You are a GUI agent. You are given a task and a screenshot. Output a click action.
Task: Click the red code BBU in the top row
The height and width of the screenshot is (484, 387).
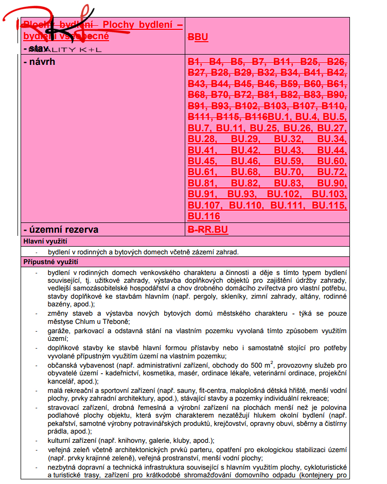(198, 37)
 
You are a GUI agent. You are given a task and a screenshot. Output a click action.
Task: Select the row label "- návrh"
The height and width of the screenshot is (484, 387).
(39, 62)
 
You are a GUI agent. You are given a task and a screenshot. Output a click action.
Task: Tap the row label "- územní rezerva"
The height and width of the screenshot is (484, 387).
(61, 230)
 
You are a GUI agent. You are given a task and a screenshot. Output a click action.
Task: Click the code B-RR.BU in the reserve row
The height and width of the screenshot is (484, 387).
(208, 230)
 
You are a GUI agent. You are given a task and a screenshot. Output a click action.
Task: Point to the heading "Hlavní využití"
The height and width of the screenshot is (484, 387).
(45, 241)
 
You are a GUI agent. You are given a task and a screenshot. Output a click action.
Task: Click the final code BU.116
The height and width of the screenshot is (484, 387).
(204, 216)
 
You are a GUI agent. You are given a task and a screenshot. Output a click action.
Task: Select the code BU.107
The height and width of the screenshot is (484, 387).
(204, 205)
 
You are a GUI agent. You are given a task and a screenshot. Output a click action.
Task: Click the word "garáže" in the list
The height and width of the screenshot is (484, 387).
(58, 331)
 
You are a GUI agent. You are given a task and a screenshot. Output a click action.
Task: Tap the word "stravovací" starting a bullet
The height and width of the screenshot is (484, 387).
(64, 407)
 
